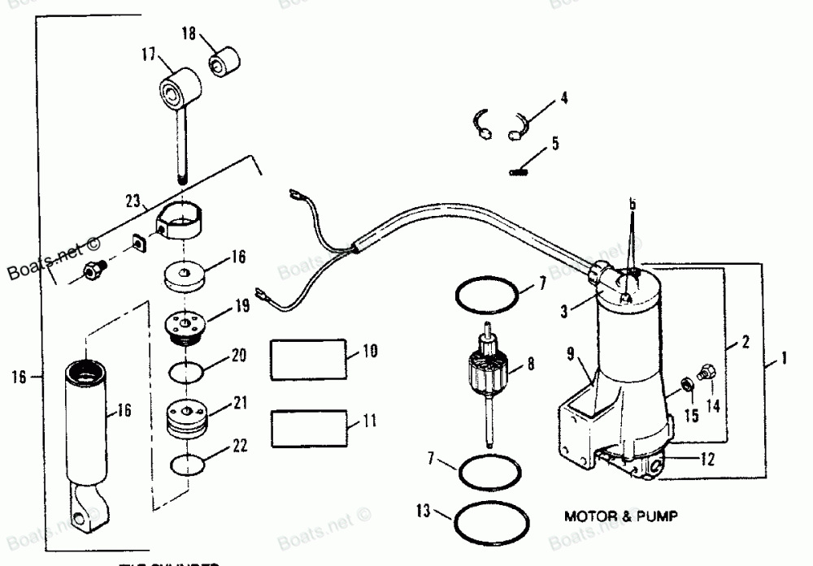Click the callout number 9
pyautogui.click(x=571, y=354)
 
